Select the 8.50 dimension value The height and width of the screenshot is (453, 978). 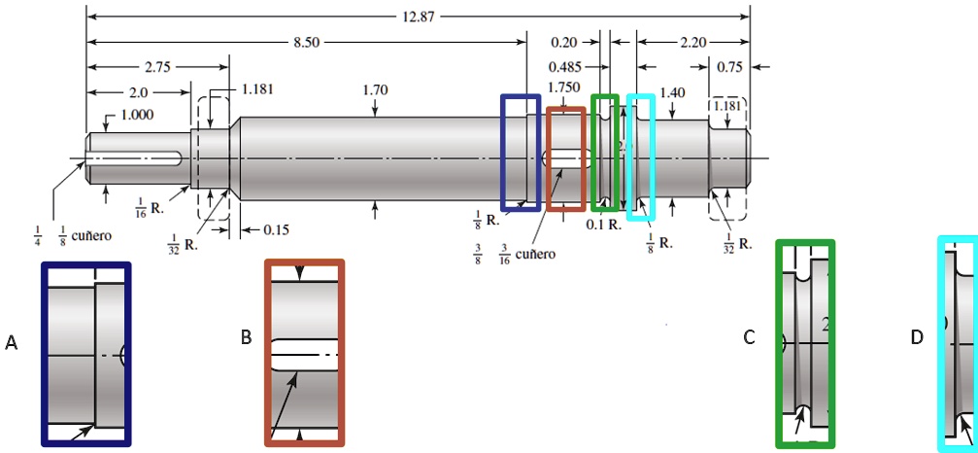click(306, 43)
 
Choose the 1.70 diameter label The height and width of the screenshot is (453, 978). click(375, 90)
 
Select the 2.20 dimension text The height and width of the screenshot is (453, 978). click(693, 43)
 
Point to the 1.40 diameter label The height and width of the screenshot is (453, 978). click(672, 92)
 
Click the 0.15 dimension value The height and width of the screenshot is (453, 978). click(275, 229)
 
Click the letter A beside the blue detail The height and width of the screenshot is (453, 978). click(12, 342)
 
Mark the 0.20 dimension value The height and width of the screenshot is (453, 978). click(563, 43)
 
